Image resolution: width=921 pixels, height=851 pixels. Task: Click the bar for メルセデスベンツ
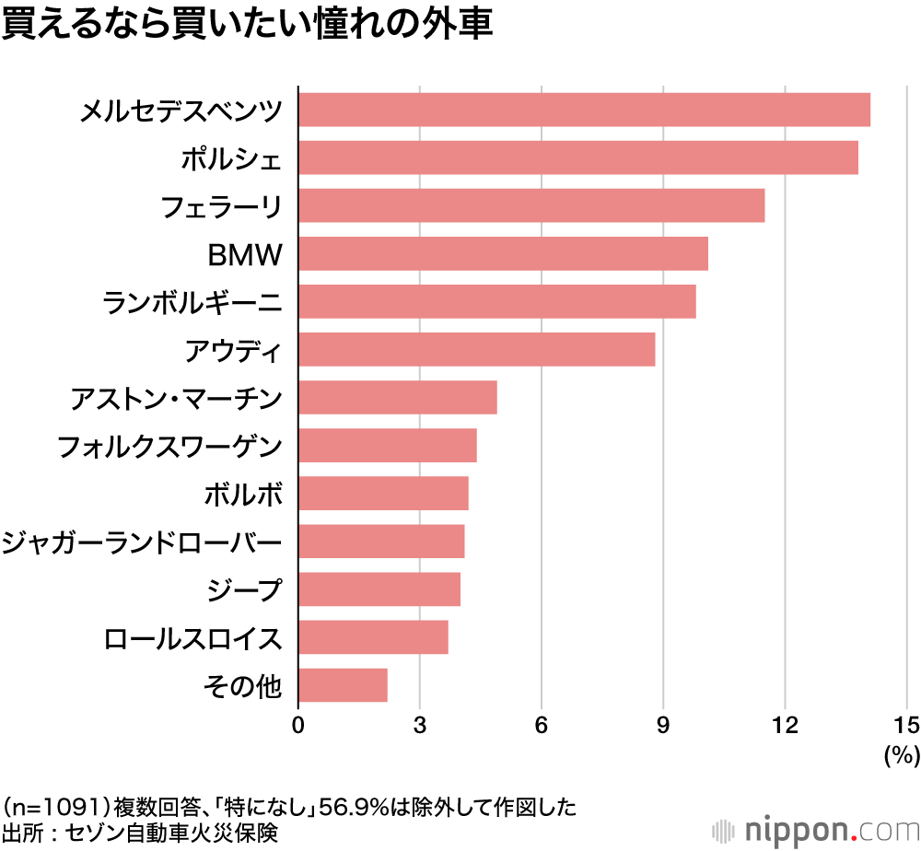(584, 110)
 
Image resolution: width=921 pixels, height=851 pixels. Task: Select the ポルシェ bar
(578, 157)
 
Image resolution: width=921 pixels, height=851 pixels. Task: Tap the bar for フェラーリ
(531, 205)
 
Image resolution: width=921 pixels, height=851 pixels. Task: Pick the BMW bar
(503, 253)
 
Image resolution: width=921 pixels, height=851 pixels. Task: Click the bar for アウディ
(476, 350)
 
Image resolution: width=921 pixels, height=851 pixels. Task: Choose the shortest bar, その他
(343, 685)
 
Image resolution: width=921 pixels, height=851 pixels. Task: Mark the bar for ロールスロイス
(373, 637)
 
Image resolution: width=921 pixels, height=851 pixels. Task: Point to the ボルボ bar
(383, 494)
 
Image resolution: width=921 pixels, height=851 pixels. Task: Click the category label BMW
(244, 254)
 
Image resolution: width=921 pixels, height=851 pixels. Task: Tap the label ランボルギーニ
(192, 302)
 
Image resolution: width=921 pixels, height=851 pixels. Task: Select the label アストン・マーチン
(176, 399)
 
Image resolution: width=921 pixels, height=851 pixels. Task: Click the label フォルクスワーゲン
(169, 447)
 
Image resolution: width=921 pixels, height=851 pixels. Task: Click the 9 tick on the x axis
(663, 725)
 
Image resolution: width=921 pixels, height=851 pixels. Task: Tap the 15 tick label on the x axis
(906, 725)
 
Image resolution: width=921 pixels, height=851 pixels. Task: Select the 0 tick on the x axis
(298, 725)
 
